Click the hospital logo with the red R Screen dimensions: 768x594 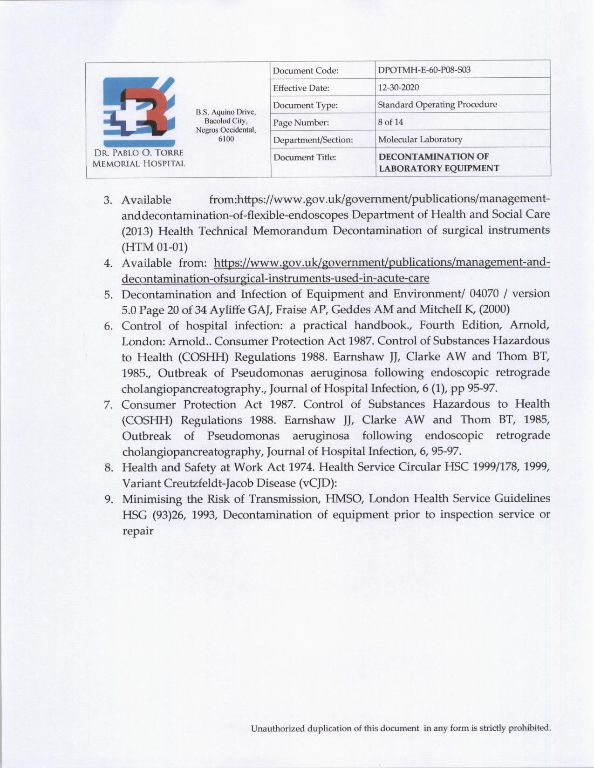click(139, 110)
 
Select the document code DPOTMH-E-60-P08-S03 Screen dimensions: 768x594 click(424, 70)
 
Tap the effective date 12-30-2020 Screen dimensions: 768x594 click(398, 88)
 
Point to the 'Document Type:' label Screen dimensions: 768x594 click(305, 105)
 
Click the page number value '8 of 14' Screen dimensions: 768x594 click(390, 122)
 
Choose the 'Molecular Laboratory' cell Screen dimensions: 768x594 click(420, 139)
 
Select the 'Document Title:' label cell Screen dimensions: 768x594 click(304, 157)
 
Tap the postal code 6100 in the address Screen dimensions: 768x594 click(226, 139)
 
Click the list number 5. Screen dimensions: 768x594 click(109, 295)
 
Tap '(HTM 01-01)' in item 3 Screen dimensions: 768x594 click(154, 246)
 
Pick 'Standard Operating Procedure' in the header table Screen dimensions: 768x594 click(437, 105)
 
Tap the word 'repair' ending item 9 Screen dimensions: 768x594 click(137, 531)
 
